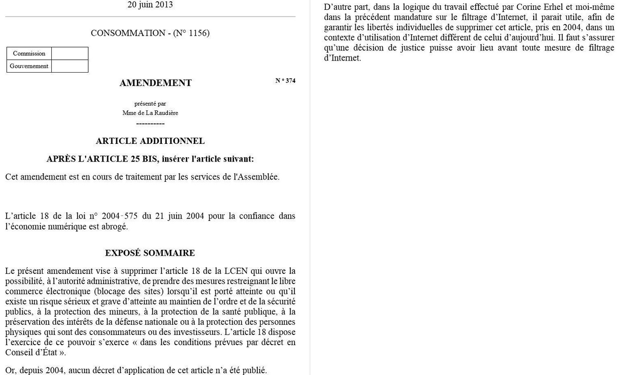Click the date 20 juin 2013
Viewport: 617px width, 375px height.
click(150, 5)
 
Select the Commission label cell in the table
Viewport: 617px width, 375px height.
click(29, 53)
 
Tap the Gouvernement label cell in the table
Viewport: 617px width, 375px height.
click(29, 66)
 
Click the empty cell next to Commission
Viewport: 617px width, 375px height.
click(70, 53)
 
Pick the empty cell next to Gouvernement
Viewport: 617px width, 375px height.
click(70, 66)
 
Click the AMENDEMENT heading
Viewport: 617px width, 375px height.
click(155, 83)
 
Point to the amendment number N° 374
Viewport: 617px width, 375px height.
click(285, 81)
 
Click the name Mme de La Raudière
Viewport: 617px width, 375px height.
click(150, 113)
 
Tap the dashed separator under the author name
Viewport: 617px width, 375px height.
click(150, 123)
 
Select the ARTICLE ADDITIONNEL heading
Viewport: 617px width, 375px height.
click(150, 141)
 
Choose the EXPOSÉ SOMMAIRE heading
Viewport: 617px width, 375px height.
click(150, 253)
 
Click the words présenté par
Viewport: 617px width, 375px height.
click(150, 104)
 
